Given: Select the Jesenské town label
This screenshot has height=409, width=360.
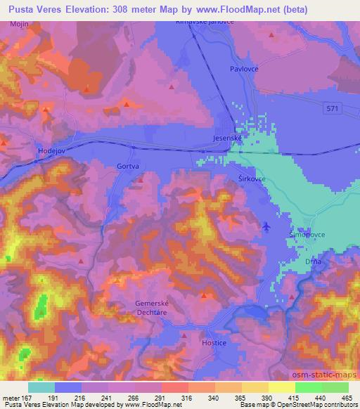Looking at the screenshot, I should pyautogui.click(x=228, y=139).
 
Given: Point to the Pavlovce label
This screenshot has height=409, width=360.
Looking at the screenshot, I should pyautogui.click(x=245, y=69).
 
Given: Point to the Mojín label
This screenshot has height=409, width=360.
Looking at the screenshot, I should pyautogui.click(x=18, y=24).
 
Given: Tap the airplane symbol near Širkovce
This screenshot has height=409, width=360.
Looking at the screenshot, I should pyautogui.click(x=266, y=226).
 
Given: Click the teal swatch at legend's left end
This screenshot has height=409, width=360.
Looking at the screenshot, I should pyautogui.click(x=41, y=387).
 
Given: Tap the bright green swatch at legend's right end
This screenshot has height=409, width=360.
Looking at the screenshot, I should pyautogui.click(x=335, y=387).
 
